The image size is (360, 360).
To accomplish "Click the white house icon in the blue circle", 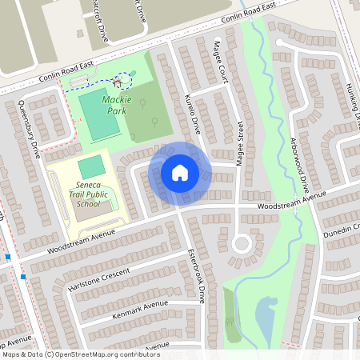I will [180, 173].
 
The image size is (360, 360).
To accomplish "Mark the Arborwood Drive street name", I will [294, 156].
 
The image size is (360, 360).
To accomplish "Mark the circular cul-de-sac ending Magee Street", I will [241, 243].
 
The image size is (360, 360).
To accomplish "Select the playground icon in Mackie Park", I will [118, 82].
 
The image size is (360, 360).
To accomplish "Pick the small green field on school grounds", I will [90, 166].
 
